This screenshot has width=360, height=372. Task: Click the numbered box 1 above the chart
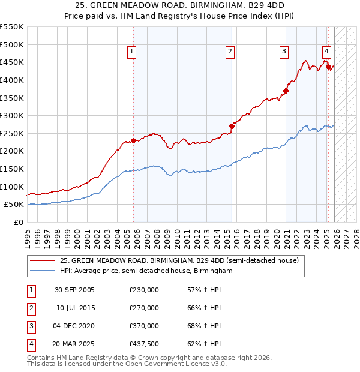[131, 52]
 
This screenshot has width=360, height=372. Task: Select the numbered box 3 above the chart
[284, 52]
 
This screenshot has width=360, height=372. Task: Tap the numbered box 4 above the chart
[326, 52]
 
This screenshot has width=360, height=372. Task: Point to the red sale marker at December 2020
[286, 91]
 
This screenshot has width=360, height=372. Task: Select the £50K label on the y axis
[14, 205]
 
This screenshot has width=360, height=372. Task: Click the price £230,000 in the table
[144, 290]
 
